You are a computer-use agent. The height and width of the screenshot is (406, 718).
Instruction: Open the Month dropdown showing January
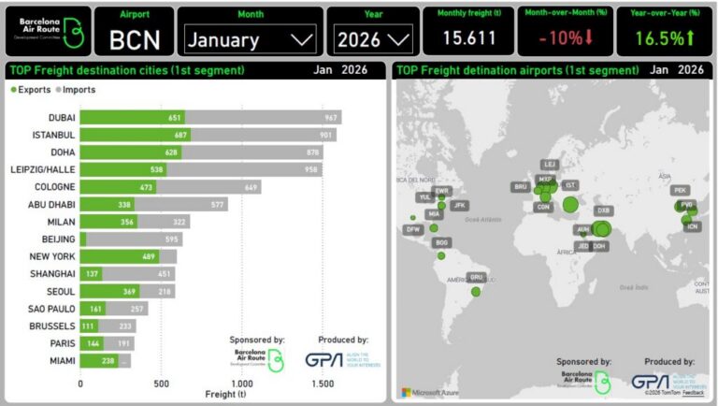tap(250, 39)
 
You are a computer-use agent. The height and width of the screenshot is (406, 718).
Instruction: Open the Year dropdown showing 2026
tap(373, 39)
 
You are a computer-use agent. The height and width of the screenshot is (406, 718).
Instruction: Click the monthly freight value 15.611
tap(467, 37)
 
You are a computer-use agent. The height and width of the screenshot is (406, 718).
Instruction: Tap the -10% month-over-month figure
tap(559, 37)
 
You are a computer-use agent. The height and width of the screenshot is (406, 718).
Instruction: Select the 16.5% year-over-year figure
tap(664, 38)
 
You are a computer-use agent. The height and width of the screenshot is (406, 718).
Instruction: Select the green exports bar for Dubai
tap(132, 117)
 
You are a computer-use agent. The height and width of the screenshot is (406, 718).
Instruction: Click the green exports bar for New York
tap(127, 255)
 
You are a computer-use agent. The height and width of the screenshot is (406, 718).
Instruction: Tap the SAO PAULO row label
tap(50, 307)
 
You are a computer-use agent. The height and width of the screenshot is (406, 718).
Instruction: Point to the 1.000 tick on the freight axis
tap(242, 384)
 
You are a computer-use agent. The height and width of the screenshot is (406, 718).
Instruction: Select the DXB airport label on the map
tap(603, 211)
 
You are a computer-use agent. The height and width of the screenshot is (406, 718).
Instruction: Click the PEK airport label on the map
tap(680, 191)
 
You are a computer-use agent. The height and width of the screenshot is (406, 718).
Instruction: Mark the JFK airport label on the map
tap(459, 205)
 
